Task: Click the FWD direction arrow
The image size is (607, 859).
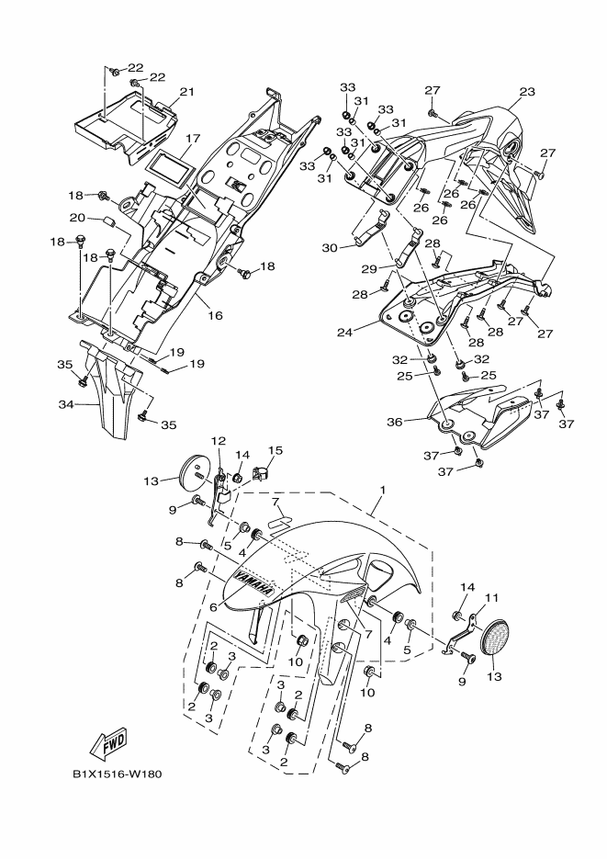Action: [109, 742]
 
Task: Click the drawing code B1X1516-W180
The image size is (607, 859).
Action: [118, 774]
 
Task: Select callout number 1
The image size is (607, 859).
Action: [383, 490]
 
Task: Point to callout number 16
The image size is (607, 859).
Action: [216, 315]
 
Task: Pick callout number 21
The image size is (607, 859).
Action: [187, 92]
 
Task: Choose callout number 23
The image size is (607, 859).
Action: [527, 92]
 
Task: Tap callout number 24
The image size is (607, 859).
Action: [345, 332]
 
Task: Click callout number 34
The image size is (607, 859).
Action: [66, 404]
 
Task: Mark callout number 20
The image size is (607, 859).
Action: [77, 218]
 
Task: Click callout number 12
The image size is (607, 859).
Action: [219, 440]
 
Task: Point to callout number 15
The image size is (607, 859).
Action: [275, 450]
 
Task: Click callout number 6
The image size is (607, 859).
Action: [213, 607]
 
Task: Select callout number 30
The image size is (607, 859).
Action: [330, 248]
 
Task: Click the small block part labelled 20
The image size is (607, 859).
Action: [107, 221]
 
